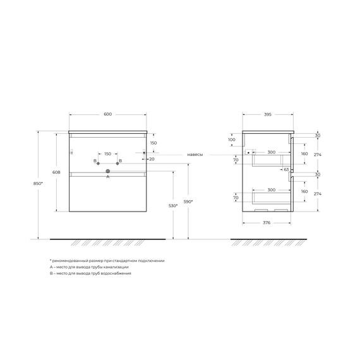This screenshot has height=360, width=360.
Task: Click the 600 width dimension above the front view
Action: [107, 114]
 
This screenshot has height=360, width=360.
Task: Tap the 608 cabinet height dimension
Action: [56, 171]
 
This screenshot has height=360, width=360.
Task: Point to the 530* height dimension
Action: [172, 206]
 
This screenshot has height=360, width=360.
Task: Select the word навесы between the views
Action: [195, 154]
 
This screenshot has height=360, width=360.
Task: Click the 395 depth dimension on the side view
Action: [267, 114]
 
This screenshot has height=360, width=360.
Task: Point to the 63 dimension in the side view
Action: [285, 170]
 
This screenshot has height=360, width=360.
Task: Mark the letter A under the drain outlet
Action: [107, 177]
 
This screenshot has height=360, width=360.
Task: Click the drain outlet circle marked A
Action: [108, 171]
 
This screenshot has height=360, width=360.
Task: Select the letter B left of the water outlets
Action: [95, 162]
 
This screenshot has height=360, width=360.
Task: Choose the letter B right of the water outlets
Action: [120, 162]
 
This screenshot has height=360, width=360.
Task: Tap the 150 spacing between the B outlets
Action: [107, 154]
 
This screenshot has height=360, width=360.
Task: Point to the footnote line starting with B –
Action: [91, 273]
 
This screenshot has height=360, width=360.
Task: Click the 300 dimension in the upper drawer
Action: [271, 153]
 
